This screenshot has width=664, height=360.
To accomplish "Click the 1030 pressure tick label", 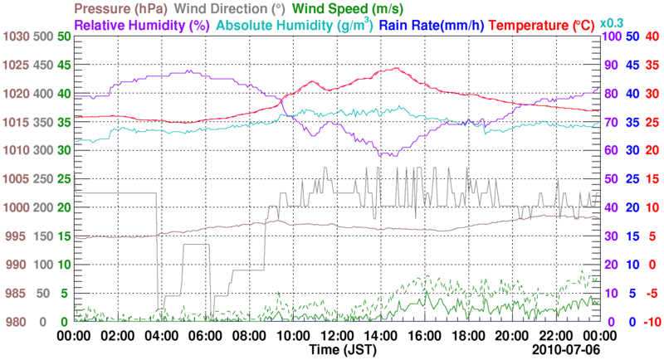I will click(16, 36).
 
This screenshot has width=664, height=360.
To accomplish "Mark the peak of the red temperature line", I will click(397, 68).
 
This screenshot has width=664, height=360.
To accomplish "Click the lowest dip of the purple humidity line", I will click(386, 156).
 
